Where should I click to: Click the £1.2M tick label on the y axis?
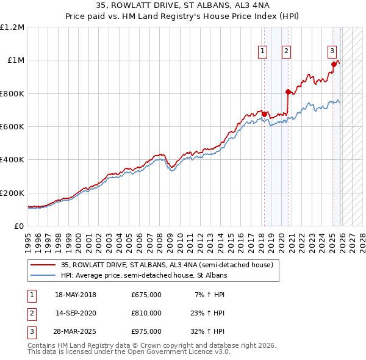point(12,27)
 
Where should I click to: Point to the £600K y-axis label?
point(12,127)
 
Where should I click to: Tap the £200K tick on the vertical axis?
point(12,193)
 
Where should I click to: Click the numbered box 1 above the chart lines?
point(263,52)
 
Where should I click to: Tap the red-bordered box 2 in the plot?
point(286,52)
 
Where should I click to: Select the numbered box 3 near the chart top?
point(332,52)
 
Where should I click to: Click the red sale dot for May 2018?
point(264,114)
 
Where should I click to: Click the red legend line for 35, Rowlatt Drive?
point(43,265)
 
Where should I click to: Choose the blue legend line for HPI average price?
point(43,276)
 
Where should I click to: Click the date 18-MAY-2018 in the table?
point(76,295)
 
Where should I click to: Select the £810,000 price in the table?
point(146,313)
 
